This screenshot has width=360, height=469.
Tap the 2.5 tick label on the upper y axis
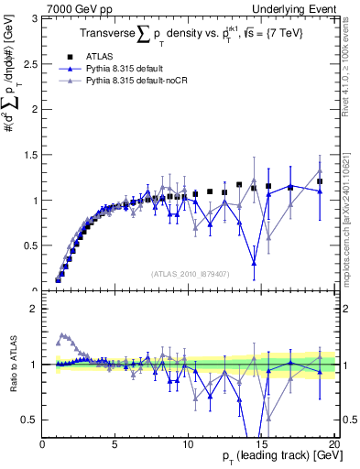[x=29, y=63]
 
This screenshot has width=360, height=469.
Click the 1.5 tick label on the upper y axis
[x=29, y=155]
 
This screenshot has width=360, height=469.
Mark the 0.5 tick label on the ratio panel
[x=29, y=420]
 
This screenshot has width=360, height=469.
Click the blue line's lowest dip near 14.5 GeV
[x=254, y=263]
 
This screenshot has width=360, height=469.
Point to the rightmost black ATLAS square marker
[x=320, y=181]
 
